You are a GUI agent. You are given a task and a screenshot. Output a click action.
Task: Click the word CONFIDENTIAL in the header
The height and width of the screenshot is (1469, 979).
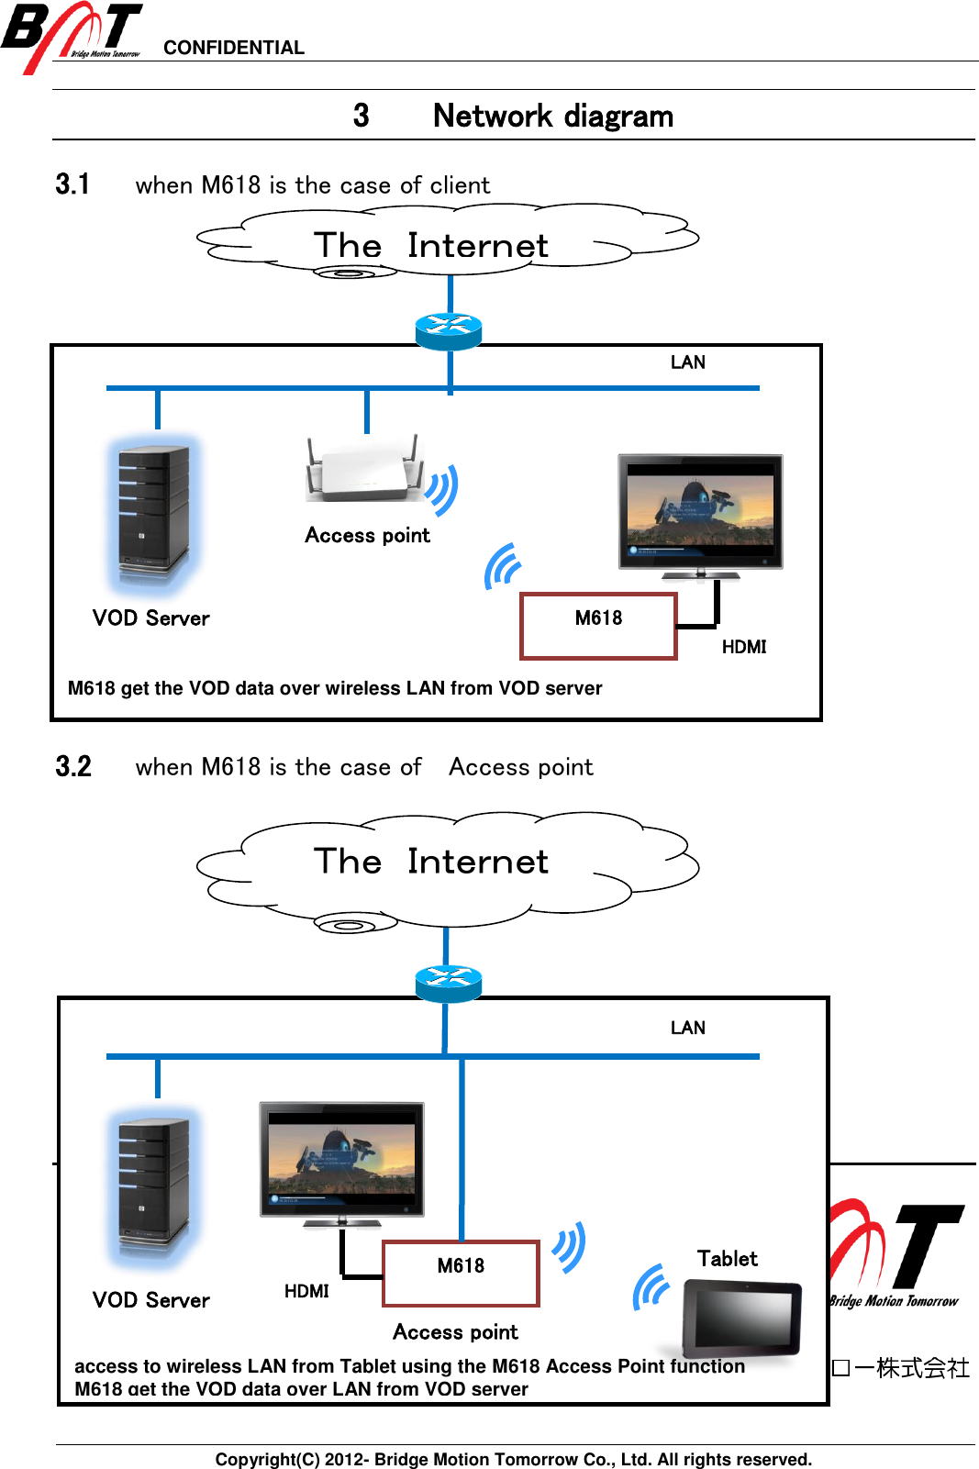234,48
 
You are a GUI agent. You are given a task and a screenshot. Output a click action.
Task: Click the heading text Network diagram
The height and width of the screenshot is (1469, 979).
552,117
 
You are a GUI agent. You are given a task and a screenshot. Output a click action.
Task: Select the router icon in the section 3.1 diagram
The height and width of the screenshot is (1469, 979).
448,330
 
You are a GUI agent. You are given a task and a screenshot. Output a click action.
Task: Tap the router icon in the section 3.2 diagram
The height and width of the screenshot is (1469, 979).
448,983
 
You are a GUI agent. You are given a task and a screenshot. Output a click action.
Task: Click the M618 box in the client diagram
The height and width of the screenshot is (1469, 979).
598,626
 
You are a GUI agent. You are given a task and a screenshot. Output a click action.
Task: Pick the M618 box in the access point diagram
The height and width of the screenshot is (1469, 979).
461,1273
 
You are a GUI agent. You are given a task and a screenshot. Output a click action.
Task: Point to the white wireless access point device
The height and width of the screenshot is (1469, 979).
364,471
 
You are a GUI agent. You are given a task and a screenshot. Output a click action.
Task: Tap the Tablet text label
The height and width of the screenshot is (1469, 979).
727,1259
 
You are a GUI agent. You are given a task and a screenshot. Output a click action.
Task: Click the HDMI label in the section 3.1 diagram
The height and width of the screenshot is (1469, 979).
743,647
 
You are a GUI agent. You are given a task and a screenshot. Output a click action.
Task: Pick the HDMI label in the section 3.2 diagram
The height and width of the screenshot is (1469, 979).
306,1291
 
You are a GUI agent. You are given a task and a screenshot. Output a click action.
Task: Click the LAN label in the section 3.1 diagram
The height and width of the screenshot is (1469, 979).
687,362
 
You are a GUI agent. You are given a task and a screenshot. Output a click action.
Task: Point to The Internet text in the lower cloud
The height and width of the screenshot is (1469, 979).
431,862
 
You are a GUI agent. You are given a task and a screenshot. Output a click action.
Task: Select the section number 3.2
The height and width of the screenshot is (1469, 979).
73,767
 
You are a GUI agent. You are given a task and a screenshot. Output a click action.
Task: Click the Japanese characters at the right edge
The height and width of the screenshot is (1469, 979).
900,1368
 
